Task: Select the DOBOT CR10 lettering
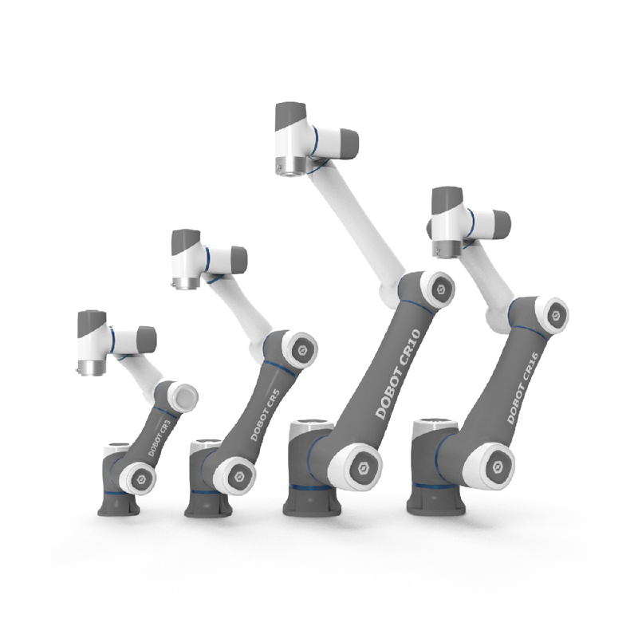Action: [x=397, y=374]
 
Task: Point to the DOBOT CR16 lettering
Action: [x=523, y=388]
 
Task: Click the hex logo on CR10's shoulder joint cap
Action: [x=363, y=468]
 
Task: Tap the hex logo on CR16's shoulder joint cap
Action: [x=498, y=467]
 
